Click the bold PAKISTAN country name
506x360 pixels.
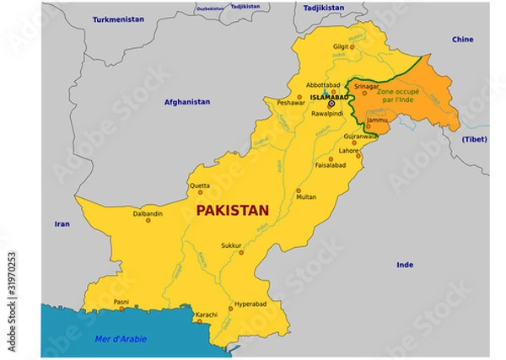(x=232, y=211)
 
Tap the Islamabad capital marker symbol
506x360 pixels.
(x=331, y=104)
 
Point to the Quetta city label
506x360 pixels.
(x=199, y=185)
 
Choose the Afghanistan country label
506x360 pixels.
(x=187, y=102)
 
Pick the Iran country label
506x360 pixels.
(x=62, y=223)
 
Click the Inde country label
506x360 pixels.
(x=405, y=264)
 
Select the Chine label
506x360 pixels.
(x=462, y=39)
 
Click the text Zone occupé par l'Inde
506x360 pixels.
(x=401, y=94)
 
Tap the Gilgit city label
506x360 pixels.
(x=339, y=46)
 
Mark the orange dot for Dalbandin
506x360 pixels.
(x=148, y=220)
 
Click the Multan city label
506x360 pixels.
(x=306, y=196)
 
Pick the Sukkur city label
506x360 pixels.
(x=231, y=245)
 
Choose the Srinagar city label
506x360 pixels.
(x=367, y=85)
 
